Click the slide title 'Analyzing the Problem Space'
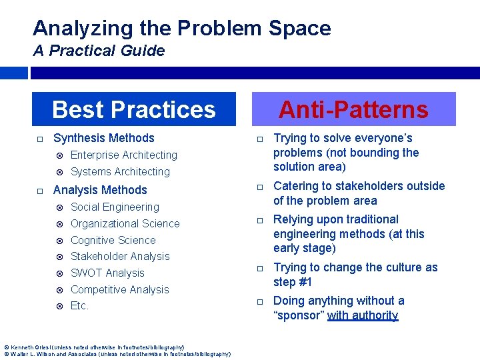[x=181, y=28]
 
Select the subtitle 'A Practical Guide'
[x=99, y=51]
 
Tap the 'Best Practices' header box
[x=134, y=109]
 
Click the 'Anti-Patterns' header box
[x=353, y=109]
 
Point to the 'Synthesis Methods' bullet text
[x=103, y=138]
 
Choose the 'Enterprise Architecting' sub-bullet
[x=124, y=155]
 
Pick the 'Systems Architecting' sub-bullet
[x=120, y=171]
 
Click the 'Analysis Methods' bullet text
[x=100, y=190]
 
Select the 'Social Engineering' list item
[x=115, y=207]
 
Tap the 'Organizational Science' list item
[x=125, y=223]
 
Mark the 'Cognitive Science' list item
[x=113, y=240]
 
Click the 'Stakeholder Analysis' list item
[x=120, y=256]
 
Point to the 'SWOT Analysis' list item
[x=107, y=273]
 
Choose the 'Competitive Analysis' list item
[x=119, y=289]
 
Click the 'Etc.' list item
[x=79, y=305]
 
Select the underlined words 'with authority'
[x=363, y=315]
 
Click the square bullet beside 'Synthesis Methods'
[x=40, y=139]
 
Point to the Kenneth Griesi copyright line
[x=94, y=347]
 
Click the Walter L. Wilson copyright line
[x=117, y=354]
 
